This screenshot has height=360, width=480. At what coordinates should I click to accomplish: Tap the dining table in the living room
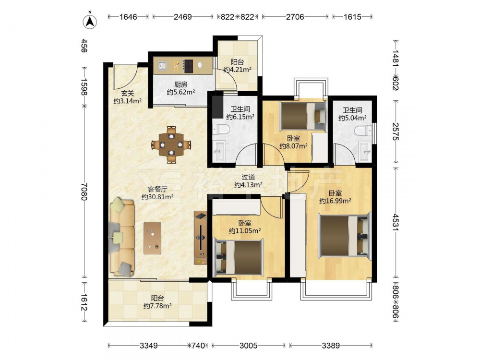tap(171, 144)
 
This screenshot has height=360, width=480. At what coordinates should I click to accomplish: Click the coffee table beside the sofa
tap(153, 238)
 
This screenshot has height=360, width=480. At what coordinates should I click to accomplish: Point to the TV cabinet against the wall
tap(201, 238)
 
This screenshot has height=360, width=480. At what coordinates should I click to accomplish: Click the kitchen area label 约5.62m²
tap(181, 92)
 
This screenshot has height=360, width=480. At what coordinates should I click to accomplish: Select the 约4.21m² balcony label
tap(237, 70)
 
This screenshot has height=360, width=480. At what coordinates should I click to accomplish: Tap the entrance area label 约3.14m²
tap(127, 101)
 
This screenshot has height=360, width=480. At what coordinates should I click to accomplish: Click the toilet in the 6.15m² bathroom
tap(221, 130)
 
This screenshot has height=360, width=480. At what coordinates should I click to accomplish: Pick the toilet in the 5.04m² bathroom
tap(363, 131)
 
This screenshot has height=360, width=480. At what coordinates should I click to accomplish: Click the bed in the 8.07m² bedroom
tap(303, 116)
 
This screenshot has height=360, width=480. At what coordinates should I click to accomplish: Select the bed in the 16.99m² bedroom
tap(344, 236)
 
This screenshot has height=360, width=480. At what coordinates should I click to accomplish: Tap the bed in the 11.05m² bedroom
tap(239, 257)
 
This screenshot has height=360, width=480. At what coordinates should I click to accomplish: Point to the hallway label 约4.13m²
tap(248, 185)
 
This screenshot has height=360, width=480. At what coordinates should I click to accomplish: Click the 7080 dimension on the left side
tap(84, 192)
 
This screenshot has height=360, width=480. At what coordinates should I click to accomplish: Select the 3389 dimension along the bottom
tap(331, 346)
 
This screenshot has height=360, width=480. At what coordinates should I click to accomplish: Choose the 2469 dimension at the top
tap(183, 16)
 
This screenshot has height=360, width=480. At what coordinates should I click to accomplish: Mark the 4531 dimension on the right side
tap(396, 223)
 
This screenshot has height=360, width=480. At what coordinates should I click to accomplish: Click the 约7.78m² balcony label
tap(157, 305)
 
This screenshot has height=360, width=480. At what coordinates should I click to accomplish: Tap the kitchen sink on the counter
tap(162, 65)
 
